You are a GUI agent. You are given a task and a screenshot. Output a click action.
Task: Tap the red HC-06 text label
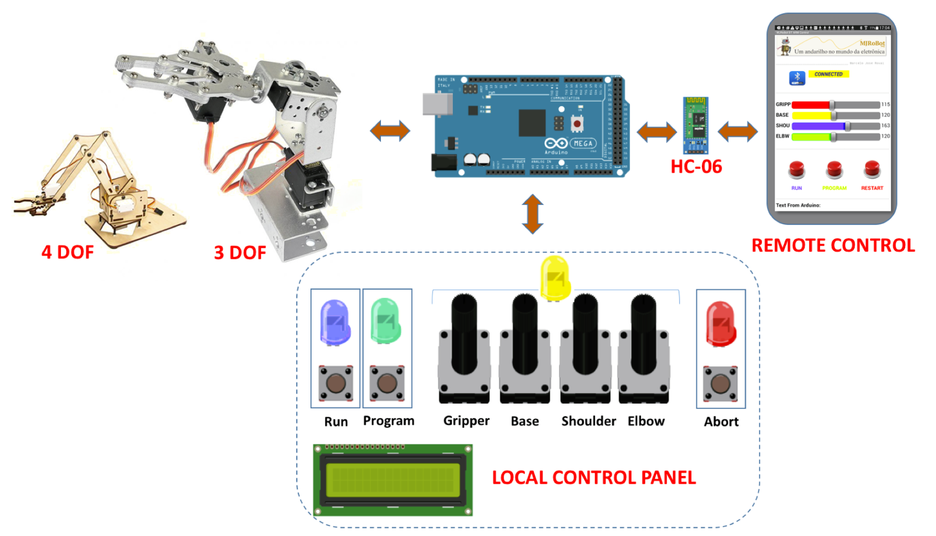pos(696,167)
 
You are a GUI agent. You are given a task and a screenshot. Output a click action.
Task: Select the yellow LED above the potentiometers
pos(555,278)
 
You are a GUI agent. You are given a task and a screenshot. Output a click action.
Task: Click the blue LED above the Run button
pos(335,322)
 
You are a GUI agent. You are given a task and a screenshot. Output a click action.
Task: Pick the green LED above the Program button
pos(386,321)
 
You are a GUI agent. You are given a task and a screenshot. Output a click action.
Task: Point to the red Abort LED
pos(721,324)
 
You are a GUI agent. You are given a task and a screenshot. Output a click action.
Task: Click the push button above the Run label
pos(336,383)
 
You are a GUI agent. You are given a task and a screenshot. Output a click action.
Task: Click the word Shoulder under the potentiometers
pos(588,421)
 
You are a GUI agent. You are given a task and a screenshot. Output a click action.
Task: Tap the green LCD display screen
pos(392,480)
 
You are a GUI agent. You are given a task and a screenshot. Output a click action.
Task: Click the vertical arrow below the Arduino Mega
pos(533,214)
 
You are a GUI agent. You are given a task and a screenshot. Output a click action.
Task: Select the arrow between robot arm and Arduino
pos(390,131)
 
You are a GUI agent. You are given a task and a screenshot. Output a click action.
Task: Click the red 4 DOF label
pos(67,252)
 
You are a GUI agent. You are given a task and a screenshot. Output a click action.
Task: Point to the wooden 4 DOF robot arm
pos(99,189)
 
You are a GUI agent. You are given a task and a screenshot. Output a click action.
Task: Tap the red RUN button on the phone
pos(797,170)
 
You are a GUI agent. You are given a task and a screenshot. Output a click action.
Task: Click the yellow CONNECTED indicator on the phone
pos(828,74)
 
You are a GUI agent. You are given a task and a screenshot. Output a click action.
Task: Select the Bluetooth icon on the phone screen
pos(797,78)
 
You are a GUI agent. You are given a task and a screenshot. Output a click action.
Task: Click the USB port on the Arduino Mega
pos(437,104)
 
